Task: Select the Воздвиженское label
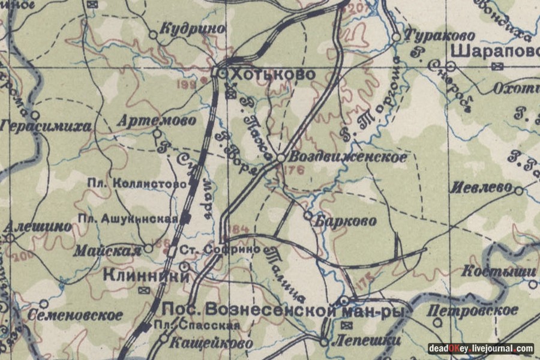click(x=347, y=157)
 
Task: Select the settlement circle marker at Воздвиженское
click(x=280, y=158)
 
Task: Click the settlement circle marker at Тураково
click(x=396, y=37)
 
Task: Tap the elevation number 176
click(x=296, y=170)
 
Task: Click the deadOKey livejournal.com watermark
click(x=481, y=348)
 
